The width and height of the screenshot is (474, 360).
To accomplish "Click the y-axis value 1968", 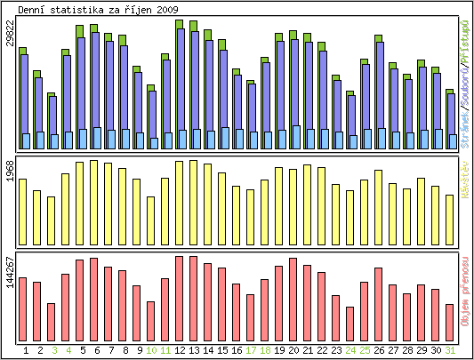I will [x=10, y=171].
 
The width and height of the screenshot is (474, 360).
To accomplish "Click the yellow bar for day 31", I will [x=450, y=219].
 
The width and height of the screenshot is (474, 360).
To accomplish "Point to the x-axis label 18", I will [x=265, y=350].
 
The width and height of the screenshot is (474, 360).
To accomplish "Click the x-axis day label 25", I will [x=365, y=350].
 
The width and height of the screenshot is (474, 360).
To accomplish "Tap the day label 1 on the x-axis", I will [x=26, y=350].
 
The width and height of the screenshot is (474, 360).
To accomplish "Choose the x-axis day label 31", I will [x=450, y=350].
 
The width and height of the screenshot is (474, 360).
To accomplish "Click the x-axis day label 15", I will [x=222, y=350].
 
